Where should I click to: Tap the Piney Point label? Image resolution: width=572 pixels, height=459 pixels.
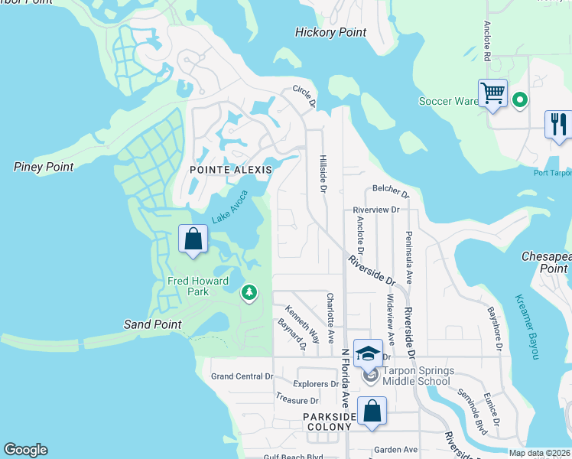[x=44, y=167]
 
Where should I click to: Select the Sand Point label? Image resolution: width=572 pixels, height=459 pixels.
[x=153, y=324]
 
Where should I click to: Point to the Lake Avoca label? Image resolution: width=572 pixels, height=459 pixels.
[x=231, y=206]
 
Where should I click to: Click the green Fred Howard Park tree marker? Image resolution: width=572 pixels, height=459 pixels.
[x=249, y=291]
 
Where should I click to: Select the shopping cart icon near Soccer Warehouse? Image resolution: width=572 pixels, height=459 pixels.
[x=493, y=93]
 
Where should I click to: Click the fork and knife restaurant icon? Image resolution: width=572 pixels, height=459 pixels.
[x=559, y=123]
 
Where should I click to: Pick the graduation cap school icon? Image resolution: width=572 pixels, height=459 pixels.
[x=368, y=353]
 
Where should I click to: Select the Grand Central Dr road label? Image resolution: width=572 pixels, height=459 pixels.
[x=242, y=376]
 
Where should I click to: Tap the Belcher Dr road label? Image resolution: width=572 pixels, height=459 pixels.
[x=390, y=188]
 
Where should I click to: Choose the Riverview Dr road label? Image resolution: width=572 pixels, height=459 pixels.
[x=376, y=210]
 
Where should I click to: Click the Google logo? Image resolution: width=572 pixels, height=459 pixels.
[x=25, y=450]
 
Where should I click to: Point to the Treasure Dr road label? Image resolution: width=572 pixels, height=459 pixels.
[x=297, y=400]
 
